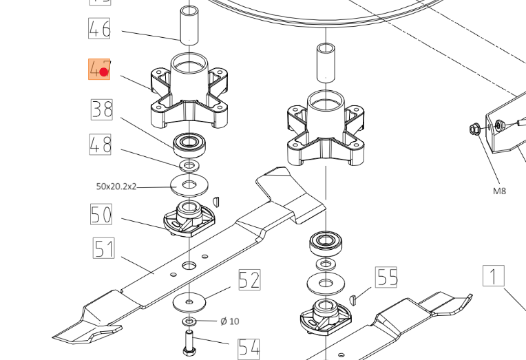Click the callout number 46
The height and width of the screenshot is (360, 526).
point(99,29)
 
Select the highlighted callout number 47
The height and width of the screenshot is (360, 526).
point(99,69)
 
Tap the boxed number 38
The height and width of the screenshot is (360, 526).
point(101,109)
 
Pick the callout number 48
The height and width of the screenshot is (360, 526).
point(99,145)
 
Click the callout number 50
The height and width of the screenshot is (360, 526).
point(101,214)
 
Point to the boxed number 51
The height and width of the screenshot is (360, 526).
point(103,248)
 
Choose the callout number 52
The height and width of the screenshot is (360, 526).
point(249,279)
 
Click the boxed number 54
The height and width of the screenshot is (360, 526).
point(249,348)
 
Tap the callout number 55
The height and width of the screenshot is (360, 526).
point(387,277)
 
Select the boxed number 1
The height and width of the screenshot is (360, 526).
point(493,276)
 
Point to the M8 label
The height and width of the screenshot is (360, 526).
point(499,191)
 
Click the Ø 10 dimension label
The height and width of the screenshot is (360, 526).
point(229,321)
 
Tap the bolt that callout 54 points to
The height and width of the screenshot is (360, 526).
point(189,342)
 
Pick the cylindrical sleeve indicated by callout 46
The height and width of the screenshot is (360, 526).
point(189,25)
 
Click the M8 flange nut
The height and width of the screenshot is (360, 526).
point(475,128)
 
